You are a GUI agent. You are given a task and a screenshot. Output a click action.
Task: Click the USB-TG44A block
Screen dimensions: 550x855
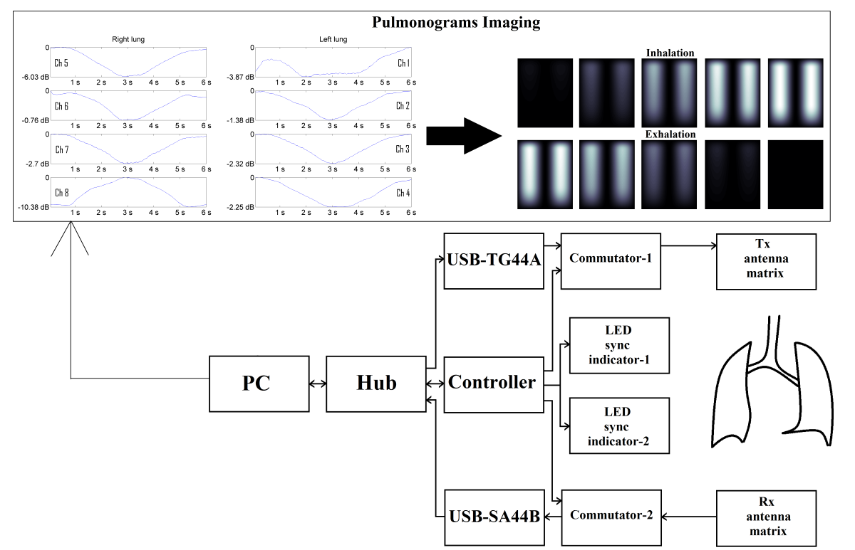tap(494, 260)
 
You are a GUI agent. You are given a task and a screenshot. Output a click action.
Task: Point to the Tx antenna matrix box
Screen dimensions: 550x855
tap(766, 260)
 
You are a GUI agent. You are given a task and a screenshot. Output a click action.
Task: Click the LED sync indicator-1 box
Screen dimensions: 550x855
tap(619, 346)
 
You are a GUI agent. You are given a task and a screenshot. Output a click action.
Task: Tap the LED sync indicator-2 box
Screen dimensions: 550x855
tap(619, 425)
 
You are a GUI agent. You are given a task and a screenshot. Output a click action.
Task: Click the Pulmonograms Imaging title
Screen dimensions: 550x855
tap(456, 22)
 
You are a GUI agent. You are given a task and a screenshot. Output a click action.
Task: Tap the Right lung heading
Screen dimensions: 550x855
tap(127, 39)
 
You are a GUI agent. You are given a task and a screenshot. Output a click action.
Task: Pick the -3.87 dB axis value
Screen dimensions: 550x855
tap(239, 77)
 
